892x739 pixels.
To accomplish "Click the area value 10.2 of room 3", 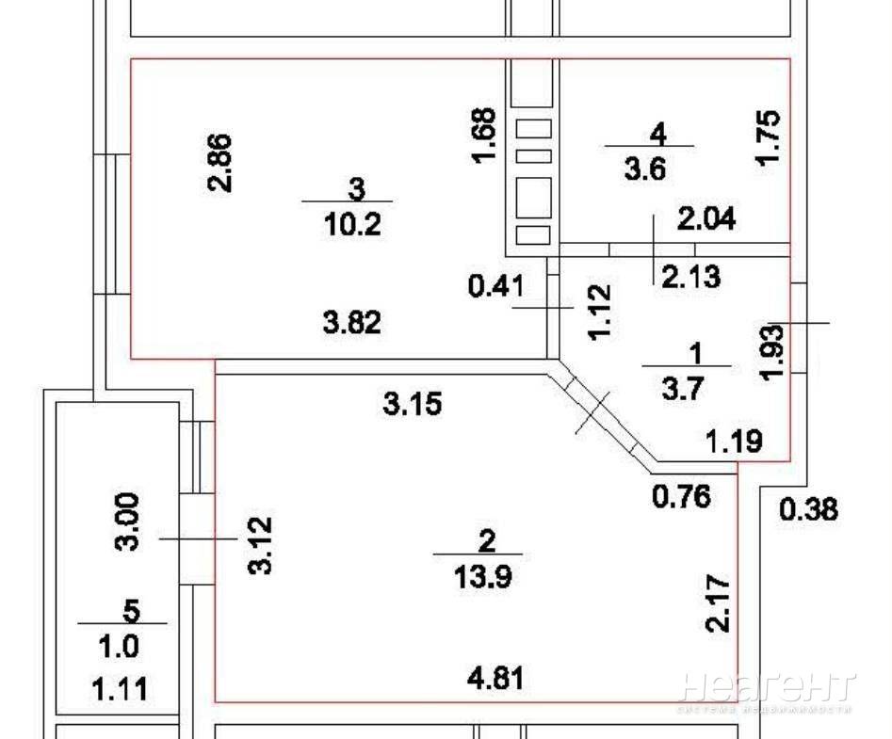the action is (352, 226).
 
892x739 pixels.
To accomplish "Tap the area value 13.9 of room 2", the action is (483, 578).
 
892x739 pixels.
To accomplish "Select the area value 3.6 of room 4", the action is (644, 169).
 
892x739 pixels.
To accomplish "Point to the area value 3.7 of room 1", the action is (683, 390).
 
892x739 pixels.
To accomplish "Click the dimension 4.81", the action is (496, 679).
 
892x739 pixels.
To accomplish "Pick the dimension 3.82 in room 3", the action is (352, 324).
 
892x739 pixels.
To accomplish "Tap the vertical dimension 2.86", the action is (220, 163).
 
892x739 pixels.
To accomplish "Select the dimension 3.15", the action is (413, 404).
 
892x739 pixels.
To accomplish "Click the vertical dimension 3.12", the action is (261, 545).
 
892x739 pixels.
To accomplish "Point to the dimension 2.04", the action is (706, 218).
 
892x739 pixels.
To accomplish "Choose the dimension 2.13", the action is (690, 276).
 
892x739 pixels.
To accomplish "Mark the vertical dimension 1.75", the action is (768, 137).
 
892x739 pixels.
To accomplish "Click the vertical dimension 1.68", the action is (485, 136).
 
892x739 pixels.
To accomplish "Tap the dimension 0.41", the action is (496, 285).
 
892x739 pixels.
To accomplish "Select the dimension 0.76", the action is (682, 496).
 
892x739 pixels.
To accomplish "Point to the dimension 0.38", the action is (808, 509).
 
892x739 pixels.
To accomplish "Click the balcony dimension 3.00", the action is (127, 522).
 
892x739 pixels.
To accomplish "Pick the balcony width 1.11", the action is (120, 689).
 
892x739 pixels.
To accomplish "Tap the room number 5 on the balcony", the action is (132, 611).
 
